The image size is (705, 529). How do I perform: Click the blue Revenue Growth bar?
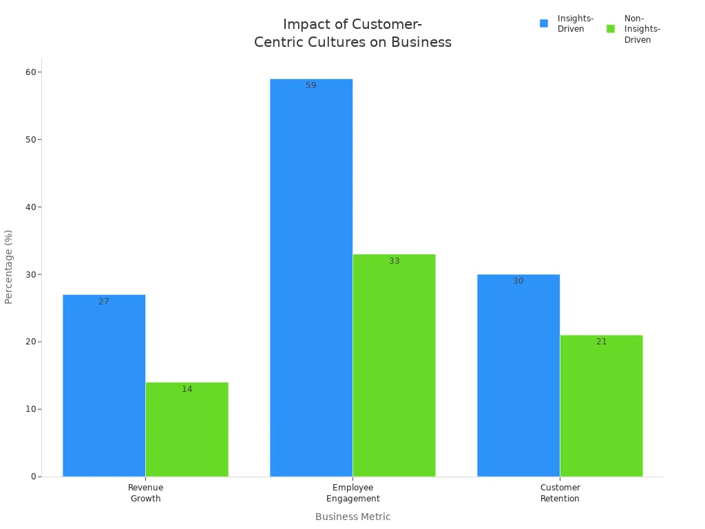coord(104,386)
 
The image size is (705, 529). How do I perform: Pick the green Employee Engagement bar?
coord(394,365)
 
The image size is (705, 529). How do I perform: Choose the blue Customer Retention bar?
coord(518,375)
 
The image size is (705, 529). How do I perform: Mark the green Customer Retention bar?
coord(601,406)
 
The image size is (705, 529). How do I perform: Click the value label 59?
coord(311,85)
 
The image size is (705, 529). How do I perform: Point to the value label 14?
coord(187,389)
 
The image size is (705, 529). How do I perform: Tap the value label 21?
coord(602,342)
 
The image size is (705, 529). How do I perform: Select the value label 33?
coord(394,261)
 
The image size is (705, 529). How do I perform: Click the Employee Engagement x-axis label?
coord(352,493)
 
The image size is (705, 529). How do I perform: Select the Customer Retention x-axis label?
coord(560,493)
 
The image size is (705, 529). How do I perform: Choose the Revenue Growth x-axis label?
coord(145,493)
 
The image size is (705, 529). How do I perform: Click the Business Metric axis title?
coord(352,517)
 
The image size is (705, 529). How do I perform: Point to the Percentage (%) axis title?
coord(9,267)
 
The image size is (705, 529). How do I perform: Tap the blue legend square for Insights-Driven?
coord(544,23)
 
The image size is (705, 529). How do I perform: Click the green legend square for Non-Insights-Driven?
coord(611,29)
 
